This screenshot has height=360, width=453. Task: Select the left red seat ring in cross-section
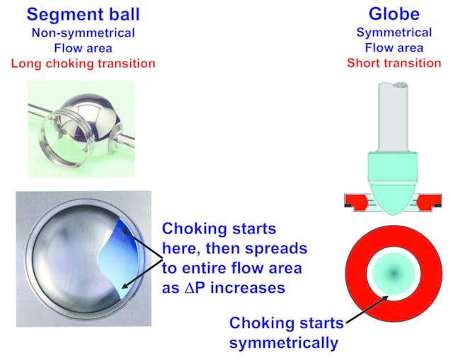pos(354,204)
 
